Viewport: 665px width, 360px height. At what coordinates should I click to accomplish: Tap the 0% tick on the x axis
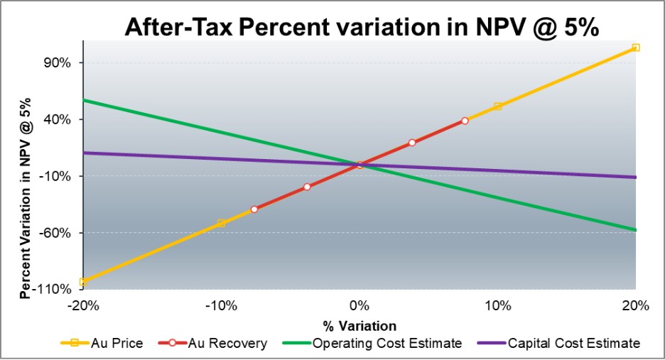click(x=359, y=307)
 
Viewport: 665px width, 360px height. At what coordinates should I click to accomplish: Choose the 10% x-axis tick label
click(x=497, y=307)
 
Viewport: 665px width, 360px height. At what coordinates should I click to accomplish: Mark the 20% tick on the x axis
click(x=636, y=307)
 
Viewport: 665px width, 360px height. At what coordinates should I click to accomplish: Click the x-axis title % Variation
click(x=359, y=327)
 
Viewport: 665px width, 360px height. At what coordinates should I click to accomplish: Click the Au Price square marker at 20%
click(x=636, y=48)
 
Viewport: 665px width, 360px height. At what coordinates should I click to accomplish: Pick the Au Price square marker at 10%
click(x=497, y=107)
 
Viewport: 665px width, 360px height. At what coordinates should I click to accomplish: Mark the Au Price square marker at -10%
click(x=221, y=223)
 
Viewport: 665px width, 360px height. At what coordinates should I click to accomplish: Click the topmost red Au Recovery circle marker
click(x=465, y=121)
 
